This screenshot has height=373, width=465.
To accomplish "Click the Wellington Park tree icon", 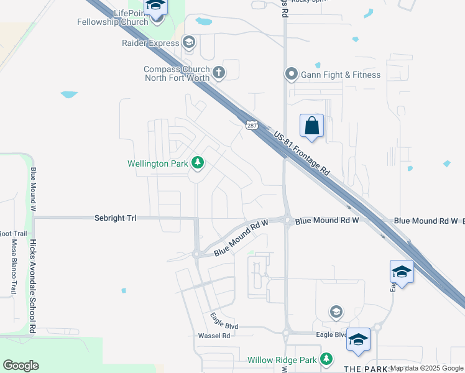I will pos(198,163).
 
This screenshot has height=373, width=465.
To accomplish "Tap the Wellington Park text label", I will pos(158,164).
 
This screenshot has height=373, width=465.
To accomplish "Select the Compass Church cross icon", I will pos(219,73).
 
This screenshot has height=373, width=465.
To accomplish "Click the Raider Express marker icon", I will pos(189,42).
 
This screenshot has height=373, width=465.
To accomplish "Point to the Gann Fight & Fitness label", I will pos(341,75).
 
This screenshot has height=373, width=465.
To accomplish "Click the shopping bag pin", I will pos(311,126).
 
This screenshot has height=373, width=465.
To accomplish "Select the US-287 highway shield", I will pos(251,125).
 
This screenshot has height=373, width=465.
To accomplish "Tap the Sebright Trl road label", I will pos(115,218).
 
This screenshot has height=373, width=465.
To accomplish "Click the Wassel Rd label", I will pos(214,336).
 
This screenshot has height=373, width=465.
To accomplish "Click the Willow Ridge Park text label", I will pos(282,360).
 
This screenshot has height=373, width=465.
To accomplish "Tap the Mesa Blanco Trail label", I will pos(14,267).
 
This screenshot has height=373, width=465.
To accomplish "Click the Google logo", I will pos(21,366).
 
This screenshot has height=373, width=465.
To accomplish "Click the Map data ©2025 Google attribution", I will pos(426,369).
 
